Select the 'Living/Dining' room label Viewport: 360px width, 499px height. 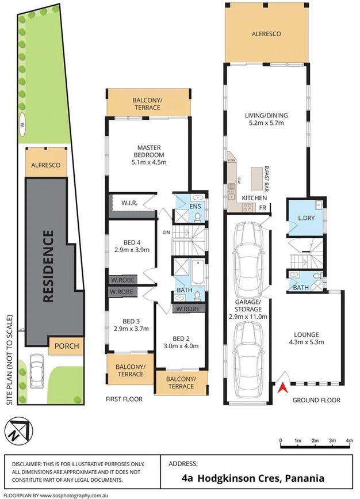coord(266,119)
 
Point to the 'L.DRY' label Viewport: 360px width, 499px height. coord(304,218)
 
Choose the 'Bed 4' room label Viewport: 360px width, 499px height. coord(132,246)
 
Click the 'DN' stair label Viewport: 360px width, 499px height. coord(166,233)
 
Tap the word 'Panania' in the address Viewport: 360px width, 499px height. coord(301,478)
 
